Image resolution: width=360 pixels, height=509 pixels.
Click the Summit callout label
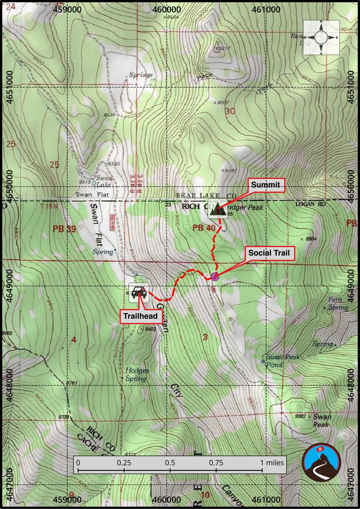click(266, 185)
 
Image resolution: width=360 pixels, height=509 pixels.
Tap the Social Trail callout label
click(269, 253)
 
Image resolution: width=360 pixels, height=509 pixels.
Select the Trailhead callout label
click(140, 316)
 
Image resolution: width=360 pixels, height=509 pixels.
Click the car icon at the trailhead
click(139, 293)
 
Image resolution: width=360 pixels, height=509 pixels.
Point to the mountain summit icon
click(218, 209)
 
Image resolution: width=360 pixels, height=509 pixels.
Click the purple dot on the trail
click(215, 276)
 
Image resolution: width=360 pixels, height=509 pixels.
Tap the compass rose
click(321, 37)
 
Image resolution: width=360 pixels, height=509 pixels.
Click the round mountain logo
click(322, 462)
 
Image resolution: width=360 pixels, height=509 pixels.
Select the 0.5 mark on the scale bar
click(170, 463)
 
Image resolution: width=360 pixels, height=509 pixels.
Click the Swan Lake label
click(104, 182)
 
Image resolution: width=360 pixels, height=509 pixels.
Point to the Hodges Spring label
click(137, 375)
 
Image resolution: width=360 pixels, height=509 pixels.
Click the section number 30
click(230, 111)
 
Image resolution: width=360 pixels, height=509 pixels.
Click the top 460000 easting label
click(167, 10)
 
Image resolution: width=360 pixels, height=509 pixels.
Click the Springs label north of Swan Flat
click(141, 75)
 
